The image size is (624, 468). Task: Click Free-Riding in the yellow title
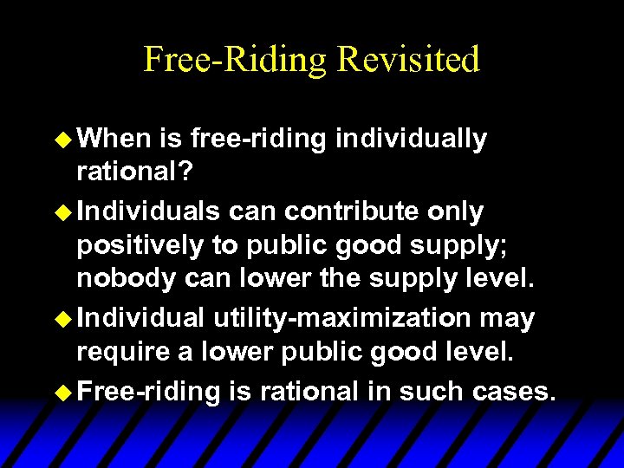click(x=234, y=59)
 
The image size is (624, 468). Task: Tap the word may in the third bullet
click(x=507, y=318)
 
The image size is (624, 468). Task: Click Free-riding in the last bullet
click(x=150, y=391)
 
